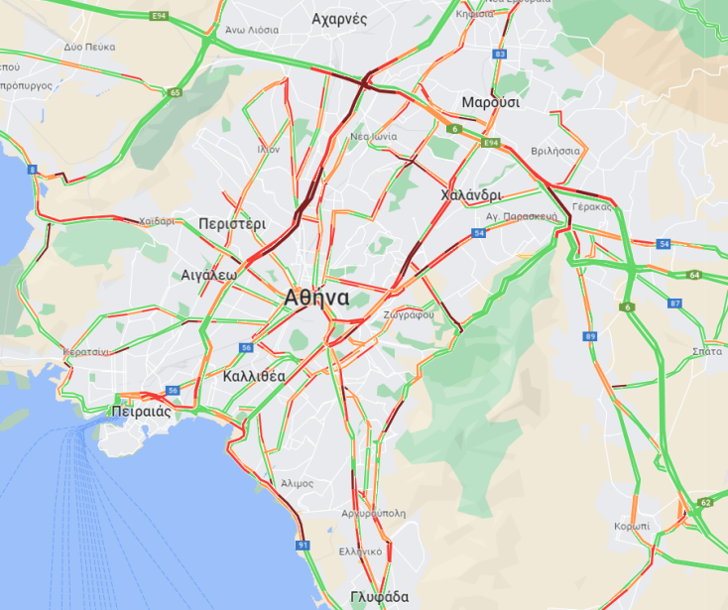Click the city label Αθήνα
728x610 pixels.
point(315,297)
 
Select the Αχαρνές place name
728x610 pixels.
point(339,19)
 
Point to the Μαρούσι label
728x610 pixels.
point(490,102)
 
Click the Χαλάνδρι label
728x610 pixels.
point(471,195)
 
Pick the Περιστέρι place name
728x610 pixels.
point(232,223)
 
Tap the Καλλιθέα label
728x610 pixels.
point(254,376)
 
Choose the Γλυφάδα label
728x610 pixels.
point(379,597)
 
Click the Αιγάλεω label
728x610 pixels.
point(209,275)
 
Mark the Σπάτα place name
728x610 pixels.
point(706,351)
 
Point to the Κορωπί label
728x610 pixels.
point(632,525)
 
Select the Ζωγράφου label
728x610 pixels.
point(410,316)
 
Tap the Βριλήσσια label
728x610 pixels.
point(555,150)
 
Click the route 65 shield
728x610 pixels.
point(175,93)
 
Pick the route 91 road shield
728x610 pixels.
point(303,545)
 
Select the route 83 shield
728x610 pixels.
point(499,54)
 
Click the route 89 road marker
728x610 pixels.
point(590,337)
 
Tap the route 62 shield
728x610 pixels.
point(705,503)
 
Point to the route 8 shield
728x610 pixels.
point(33,170)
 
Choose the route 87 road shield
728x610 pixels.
point(675,304)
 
